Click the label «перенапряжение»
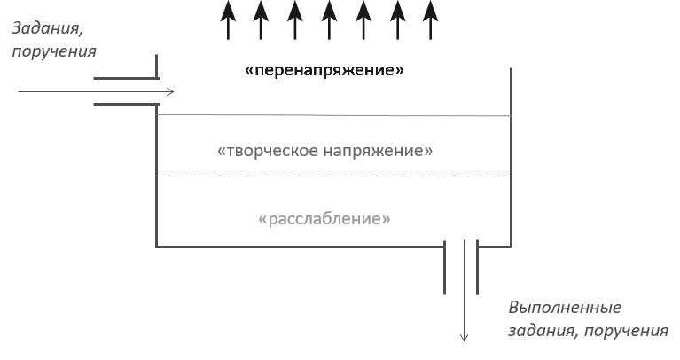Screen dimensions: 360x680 (324, 70)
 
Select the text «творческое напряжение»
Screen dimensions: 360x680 (324, 151)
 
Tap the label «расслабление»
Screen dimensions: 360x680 (324, 218)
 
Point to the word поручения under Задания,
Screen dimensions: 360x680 (54, 51)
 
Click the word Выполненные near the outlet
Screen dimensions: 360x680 (565, 308)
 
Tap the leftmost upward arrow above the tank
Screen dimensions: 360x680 (228, 20)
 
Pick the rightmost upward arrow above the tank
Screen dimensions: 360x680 (430, 20)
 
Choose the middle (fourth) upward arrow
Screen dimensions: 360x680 (329, 20)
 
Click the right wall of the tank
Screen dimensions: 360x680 (511, 160)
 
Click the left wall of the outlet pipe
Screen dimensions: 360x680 (445, 266)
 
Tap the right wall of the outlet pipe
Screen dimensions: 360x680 (478, 266)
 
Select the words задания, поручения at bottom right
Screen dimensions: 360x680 (589, 331)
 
